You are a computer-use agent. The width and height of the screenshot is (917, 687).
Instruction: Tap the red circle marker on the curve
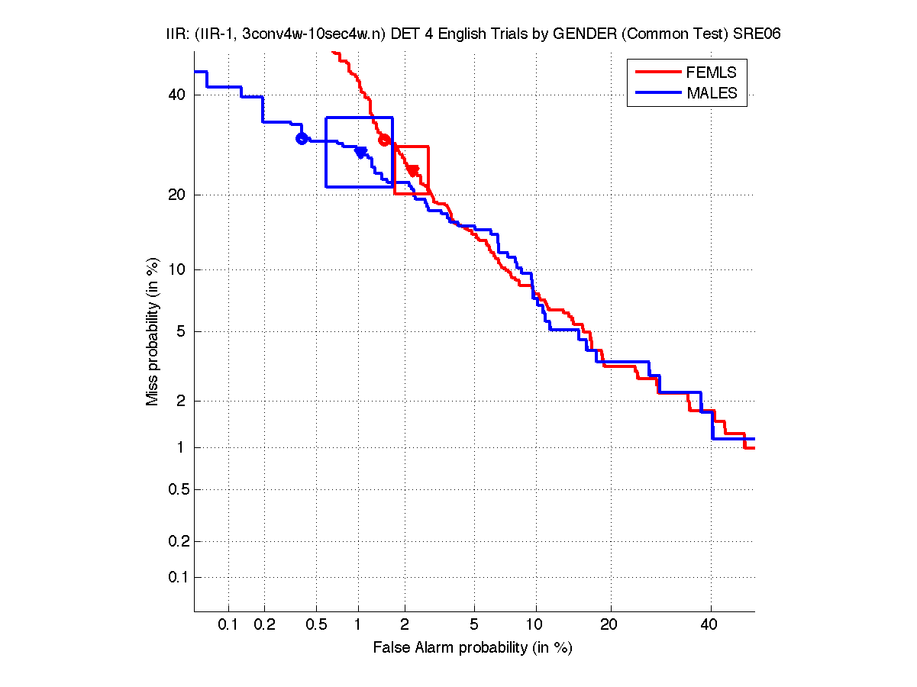[385, 140]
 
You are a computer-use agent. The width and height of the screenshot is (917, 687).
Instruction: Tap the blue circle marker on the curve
[302, 138]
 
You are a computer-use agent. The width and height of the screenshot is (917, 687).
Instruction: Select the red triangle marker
[412, 170]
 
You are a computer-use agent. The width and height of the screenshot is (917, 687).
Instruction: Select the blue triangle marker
[360, 153]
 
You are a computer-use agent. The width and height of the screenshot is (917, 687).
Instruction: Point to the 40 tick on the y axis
[177, 95]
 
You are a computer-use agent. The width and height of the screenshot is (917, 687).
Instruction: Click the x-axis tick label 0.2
[265, 625]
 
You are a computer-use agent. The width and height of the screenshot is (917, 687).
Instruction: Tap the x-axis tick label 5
[474, 625]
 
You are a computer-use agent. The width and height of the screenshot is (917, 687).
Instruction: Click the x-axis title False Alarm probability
[473, 648]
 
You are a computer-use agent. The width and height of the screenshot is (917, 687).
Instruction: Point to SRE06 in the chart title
[757, 35]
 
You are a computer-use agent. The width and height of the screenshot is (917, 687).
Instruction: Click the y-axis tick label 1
[181, 447]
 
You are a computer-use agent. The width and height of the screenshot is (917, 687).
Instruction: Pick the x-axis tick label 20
[608, 625]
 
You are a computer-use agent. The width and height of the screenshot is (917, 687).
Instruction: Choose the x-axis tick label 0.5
[316, 625]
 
